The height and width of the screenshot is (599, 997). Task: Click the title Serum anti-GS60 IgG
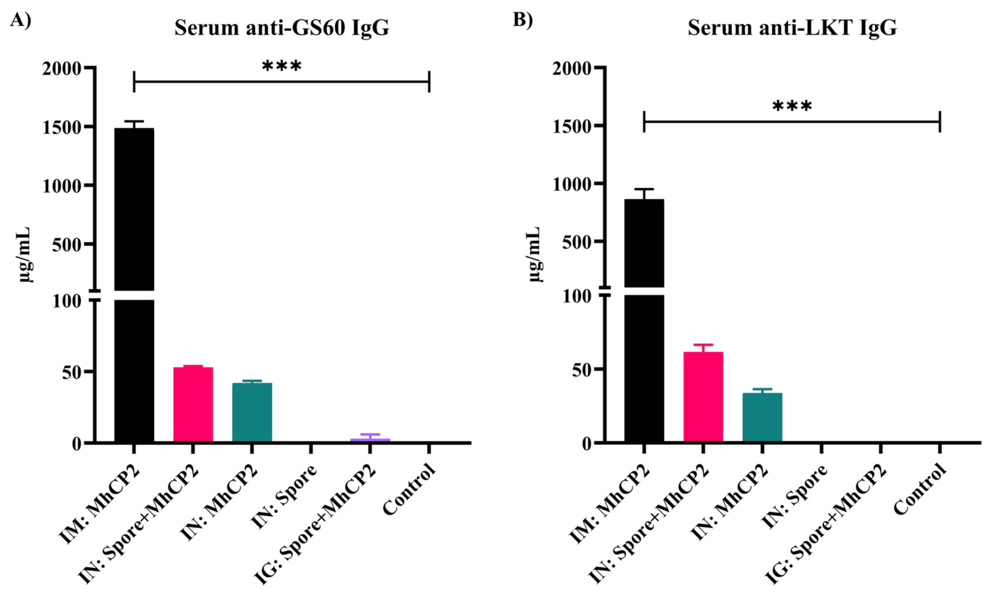[281, 28]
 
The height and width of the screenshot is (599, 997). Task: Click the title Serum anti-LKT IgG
[792, 28]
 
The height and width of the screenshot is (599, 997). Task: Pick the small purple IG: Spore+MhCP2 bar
[370, 440]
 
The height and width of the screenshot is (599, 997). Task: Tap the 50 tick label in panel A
[72, 372]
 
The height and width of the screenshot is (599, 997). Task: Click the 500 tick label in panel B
[576, 242]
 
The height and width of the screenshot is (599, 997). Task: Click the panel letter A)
[20, 19]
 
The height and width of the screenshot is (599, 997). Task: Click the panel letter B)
[523, 19]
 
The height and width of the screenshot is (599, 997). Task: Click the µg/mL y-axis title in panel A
[25, 254]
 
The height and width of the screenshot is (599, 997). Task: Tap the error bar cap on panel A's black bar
[134, 121]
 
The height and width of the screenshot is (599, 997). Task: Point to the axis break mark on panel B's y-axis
[605, 291]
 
